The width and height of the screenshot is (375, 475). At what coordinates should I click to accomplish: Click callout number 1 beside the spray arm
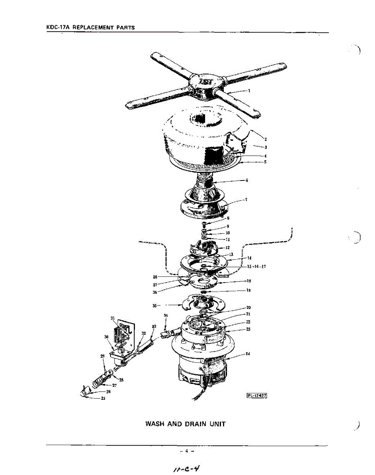click(x=249, y=90)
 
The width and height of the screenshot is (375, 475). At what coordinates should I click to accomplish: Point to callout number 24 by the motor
click(x=247, y=353)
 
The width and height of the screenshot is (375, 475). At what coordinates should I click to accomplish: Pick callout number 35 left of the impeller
click(x=155, y=305)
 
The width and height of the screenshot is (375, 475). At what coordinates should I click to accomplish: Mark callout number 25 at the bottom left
click(x=103, y=399)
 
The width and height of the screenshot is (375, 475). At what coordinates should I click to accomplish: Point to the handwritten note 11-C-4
click(x=185, y=468)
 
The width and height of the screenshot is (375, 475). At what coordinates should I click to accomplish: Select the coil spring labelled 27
click(x=99, y=383)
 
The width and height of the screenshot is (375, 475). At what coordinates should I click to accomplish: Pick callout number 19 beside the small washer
click(x=248, y=290)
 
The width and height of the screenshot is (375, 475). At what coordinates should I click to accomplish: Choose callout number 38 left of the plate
click(x=155, y=276)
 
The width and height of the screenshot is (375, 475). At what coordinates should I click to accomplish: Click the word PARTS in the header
click(x=124, y=28)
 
